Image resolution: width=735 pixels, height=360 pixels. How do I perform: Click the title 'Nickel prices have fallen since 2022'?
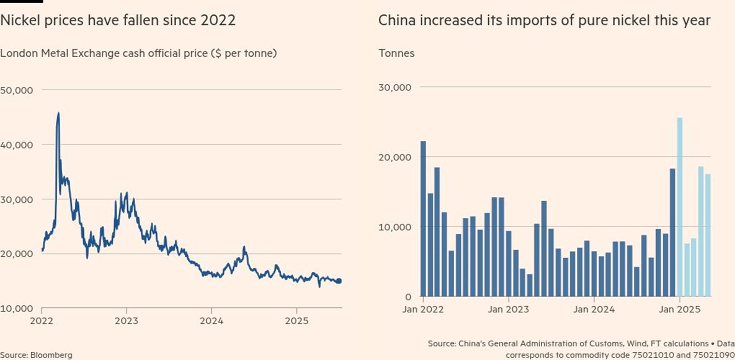118,20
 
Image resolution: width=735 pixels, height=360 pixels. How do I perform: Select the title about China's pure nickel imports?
544,20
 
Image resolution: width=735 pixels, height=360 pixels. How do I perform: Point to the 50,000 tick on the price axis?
17,90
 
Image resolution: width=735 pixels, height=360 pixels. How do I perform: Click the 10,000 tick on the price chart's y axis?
17,308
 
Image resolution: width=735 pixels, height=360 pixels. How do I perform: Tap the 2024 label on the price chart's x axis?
212,320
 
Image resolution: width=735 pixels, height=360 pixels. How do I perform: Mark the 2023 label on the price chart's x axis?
126,320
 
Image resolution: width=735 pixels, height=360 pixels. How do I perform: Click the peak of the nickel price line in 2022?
58,113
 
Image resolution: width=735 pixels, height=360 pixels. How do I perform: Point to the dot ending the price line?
339,281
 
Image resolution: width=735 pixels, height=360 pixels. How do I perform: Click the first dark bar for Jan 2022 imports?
423,218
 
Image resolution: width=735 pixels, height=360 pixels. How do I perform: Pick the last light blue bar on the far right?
708,235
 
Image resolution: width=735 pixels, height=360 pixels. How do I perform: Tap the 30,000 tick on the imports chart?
395,88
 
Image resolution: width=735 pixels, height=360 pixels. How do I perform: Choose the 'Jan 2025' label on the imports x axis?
679,309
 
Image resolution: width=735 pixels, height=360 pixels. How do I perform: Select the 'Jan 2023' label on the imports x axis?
509,309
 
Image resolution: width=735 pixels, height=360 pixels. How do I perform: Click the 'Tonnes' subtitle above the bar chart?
397,53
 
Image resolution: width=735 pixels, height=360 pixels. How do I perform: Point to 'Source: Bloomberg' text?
36,355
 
